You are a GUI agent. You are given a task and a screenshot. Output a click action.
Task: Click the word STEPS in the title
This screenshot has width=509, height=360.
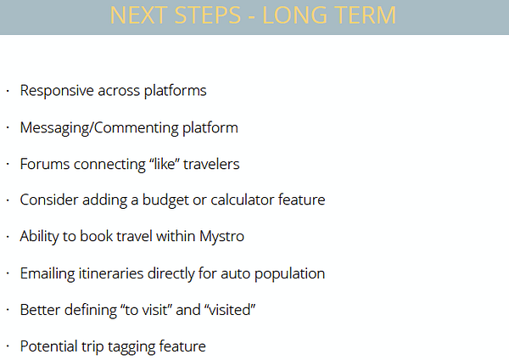click(x=208, y=15)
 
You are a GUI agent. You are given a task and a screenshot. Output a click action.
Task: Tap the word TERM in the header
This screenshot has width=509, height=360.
click(x=365, y=15)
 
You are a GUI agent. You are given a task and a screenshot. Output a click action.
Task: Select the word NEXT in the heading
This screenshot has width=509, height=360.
click(x=138, y=15)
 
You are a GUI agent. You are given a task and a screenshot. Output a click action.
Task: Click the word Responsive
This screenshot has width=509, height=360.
click(x=57, y=91)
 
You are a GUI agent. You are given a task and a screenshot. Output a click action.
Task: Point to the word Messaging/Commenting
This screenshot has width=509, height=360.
click(x=99, y=127)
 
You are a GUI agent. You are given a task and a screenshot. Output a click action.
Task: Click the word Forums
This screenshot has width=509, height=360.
click(x=45, y=164)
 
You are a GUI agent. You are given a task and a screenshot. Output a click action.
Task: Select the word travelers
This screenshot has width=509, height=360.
click(x=211, y=164)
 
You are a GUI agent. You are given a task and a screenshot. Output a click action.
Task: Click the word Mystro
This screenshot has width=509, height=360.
click(x=221, y=237)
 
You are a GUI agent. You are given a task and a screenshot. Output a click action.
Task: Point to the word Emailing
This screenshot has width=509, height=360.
click(x=48, y=273)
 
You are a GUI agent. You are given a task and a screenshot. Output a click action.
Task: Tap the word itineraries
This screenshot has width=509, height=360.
click(x=111, y=273)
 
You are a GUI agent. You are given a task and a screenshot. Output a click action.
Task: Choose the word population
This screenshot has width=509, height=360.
click(x=289, y=273)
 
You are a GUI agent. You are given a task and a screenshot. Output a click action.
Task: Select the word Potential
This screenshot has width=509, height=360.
click(x=48, y=346)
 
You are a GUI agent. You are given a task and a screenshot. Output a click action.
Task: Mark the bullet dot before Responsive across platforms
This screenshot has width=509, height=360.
click(x=8, y=92)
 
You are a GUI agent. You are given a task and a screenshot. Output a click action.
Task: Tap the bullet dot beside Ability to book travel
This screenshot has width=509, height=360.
click(x=8, y=237)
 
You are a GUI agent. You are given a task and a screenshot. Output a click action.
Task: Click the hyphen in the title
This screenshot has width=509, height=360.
click(x=252, y=16)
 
